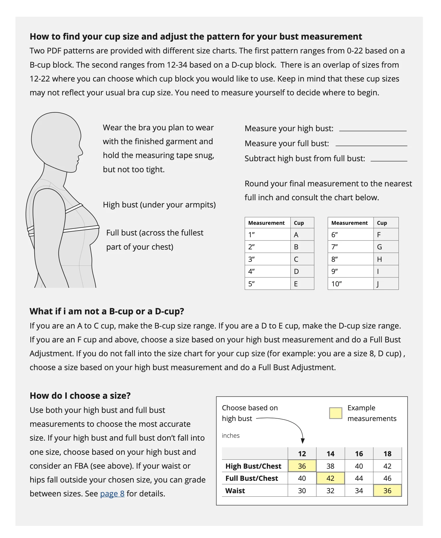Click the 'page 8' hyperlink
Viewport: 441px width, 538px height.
pyautogui.click(x=112, y=494)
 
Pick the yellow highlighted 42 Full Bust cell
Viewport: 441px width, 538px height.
pyautogui.click(x=330, y=478)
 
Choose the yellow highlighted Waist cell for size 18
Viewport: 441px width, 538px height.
pyautogui.click(x=387, y=491)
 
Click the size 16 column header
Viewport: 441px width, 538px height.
pyautogui.click(x=359, y=454)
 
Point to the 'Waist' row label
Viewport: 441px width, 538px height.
pyautogui.click(x=235, y=491)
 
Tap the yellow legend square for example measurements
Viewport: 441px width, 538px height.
pyautogui.click(x=336, y=413)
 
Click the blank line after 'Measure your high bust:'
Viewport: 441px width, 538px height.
pyautogui.click(x=373, y=130)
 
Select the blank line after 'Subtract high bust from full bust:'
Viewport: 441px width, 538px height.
pyautogui.click(x=389, y=160)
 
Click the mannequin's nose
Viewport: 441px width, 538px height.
pyautogui.click(x=81, y=152)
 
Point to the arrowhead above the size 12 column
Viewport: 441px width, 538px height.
pyautogui.click(x=303, y=441)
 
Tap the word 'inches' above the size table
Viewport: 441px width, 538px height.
pyautogui.click(x=231, y=436)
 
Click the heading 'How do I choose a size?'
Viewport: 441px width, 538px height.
pyautogui.click(x=80, y=396)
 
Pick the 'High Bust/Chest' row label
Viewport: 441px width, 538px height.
pyautogui.click(x=253, y=466)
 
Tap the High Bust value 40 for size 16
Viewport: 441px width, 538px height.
pyautogui.click(x=359, y=466)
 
